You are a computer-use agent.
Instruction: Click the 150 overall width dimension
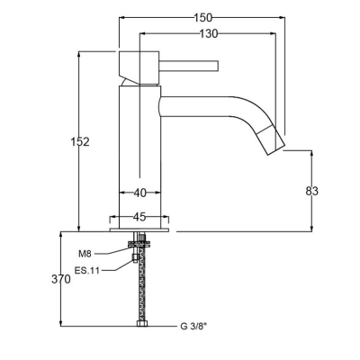pyautogui.click(x=202, y=18)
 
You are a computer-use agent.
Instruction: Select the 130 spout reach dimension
pyautogui.click(x=209, y=34)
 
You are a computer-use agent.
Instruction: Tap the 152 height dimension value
pyautogui.click(x=80, y=141)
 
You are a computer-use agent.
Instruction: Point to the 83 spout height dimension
pyautogui.click(x=311, y=191)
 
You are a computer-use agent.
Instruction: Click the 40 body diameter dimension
pyautogui.click(x=139, y=193)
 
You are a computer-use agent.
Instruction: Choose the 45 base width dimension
pyautogui.click(x=139, y=217)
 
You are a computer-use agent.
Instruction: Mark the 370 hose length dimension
pyautogui.click(x=61, y=279)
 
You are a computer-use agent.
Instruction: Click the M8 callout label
pyautogui.click(x=85, y=254)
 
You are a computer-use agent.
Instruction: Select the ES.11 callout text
pyautogui.click(x=87, y=271)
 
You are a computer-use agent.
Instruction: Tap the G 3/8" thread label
pyautogui.click(x=193, y=326)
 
